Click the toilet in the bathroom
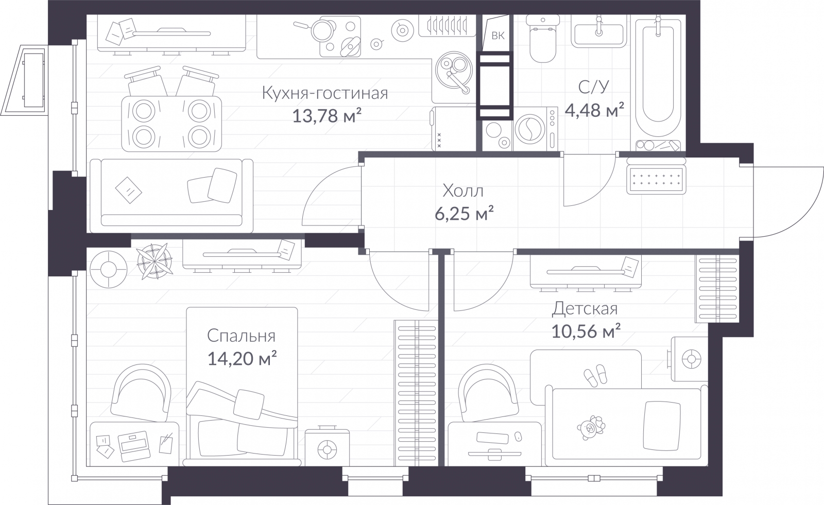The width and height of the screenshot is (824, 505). pyautogui.click(x=543, y=39)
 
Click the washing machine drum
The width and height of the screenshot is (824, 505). pyautogui.click(x=530, y=128)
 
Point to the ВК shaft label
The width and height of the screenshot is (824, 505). pyautogui.click(x=497, y=36)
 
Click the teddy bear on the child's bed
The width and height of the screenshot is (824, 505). pyautogui.click(x=591, y=428)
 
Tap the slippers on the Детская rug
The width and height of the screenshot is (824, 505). pyautogui.click(x=596, y=375)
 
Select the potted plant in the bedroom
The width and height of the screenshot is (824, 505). pyautogui.click(x=154, y=262)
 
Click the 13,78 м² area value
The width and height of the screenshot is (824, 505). pyautogui.click(x=327, y=116)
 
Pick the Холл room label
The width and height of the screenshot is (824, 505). pyautogui.click(x=463, y=191)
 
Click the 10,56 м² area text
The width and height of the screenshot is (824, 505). pyautogui.click(x=586, y=332)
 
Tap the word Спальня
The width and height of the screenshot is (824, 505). pyautogui.click(x=241, y=336)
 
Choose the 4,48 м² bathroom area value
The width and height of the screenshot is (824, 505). pyautogui.click(x=594, y=110)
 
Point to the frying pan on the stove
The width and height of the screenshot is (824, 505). pyautogui.click(x=319, y=29)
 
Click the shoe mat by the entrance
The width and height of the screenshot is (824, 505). pyautogui.click(x=656, y=180)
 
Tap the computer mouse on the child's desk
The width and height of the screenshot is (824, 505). pyautogui.click(x=518, y=436)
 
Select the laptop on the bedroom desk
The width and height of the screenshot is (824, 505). pyautogui.click(x=134, y=446)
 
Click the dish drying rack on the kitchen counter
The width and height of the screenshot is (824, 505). pyautogui.click(x=447, y=25)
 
